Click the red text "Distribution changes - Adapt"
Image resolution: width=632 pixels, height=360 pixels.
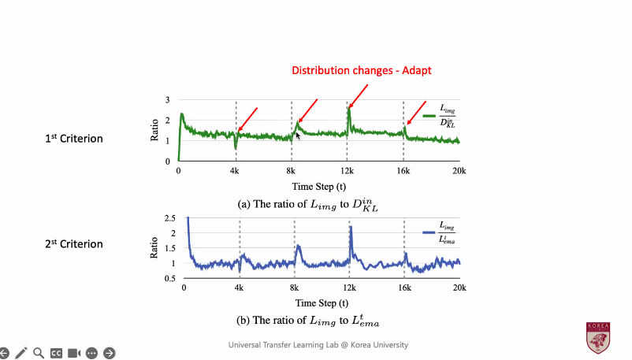(362, 70)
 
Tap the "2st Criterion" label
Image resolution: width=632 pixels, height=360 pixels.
(73, 244)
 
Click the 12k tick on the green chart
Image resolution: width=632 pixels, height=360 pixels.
(348, 172)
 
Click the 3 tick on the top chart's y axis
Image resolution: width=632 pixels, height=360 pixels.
(167, 101)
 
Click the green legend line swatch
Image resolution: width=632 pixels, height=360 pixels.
(429, 116)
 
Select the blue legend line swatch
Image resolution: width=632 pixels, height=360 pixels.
(429, 232)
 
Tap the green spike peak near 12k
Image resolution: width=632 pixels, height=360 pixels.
(348, 108)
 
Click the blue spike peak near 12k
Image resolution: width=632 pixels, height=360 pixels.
(350, 228)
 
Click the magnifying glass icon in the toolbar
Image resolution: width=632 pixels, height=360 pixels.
(38, 353)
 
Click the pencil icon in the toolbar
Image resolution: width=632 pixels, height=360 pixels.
(20, 353)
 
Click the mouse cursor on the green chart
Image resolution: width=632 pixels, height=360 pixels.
(298, 135)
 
